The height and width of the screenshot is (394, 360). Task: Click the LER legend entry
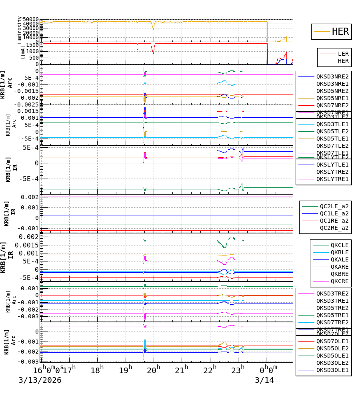click(x=343, y=54)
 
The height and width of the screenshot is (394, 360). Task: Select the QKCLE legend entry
click(x=339, y=245)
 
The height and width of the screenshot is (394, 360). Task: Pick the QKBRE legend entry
click(x=339, y=274)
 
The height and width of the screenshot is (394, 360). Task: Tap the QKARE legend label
click(x=339, y=267)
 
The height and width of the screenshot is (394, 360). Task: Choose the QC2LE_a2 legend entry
click(x=334, y=206)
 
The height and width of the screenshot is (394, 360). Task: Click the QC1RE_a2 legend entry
click(x=334, y=221)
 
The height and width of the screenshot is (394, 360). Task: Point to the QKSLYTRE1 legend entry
click(x=332, y=179)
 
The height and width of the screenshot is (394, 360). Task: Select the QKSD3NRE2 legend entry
click(x=332, y=76)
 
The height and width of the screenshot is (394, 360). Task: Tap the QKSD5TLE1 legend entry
click(x=332, y=139)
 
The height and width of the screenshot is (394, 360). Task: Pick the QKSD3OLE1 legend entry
click(x=332, y=370)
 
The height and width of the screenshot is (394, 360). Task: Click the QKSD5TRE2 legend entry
click(x=332, y=308)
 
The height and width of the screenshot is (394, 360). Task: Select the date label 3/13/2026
click(x=40, y=380)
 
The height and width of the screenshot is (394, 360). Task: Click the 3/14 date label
click(x=264, y=380)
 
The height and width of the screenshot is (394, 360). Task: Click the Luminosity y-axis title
click(x=20, y=30)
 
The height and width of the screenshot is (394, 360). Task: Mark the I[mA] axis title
click(x=23, y=52)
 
